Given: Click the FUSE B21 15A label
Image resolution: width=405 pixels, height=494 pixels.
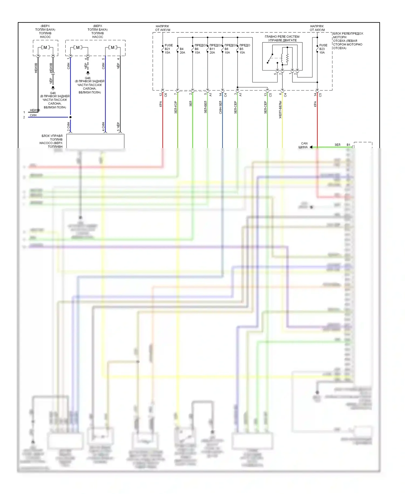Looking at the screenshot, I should [x=168, y=49].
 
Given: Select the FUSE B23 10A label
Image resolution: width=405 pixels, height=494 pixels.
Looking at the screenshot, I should [x=323, y=49].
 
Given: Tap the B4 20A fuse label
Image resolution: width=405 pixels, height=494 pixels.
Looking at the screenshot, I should [x=182, y=51].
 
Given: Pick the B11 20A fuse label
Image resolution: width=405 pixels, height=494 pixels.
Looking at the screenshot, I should [x=212, y=51].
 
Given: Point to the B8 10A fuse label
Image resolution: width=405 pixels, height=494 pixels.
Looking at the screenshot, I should [x=227, y=51].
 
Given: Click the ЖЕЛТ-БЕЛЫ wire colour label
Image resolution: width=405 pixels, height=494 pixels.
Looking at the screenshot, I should [x=280, y=109].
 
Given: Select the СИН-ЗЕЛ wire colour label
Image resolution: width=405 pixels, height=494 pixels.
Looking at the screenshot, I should [x=220, y=107].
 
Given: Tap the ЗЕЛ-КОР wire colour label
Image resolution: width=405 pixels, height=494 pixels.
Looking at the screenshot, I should [x=175, y=107].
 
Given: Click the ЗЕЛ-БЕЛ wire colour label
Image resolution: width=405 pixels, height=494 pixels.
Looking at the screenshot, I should [x=205, y=107].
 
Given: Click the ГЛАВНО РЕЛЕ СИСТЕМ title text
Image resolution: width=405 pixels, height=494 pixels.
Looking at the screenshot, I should [x=282, y=36].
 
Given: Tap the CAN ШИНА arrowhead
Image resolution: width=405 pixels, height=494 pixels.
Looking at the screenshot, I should [x=311, y=147].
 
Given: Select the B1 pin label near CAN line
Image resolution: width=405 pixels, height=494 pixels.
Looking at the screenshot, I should [x=348, y=145].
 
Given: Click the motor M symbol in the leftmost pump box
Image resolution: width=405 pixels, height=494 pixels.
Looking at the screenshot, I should [x=45, y=48].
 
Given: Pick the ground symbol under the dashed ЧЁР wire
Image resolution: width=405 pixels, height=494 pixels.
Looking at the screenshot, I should [x=88, y=73].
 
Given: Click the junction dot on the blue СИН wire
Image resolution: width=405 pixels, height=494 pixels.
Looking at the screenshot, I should [x=70, y=117].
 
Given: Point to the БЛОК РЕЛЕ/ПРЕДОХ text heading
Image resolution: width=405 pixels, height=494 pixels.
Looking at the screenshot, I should [x=348, y=34].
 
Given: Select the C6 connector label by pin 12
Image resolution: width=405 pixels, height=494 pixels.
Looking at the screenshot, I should [x=166, y=95].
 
